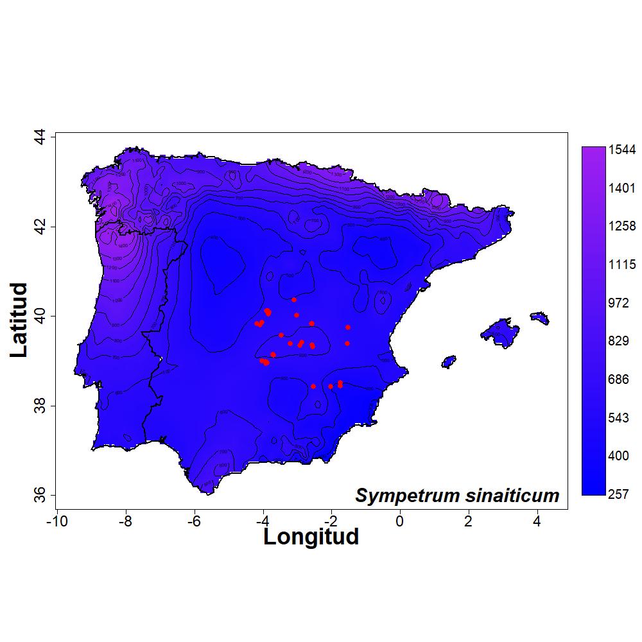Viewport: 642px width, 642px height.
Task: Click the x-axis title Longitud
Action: [x=311, y=536]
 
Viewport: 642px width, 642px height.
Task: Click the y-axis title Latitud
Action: [x=20, y=320]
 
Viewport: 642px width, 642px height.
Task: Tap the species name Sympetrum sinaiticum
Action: [x=457, y=496]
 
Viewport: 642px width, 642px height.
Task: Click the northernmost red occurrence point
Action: [x=294, y=300]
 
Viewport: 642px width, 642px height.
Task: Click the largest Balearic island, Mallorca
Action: [x=501, y=332]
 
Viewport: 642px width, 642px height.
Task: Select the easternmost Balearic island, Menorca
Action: [x=540, y=317]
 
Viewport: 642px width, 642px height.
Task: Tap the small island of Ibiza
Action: [x=449, y=361]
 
